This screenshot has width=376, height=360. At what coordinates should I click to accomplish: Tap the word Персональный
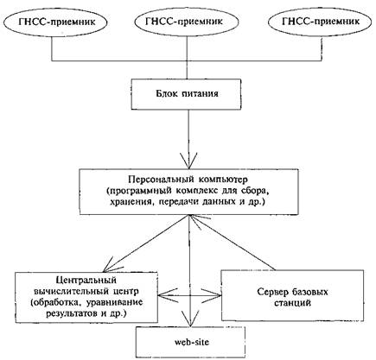(x=161, y=180)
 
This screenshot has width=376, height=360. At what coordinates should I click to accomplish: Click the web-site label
(x=191, y=342)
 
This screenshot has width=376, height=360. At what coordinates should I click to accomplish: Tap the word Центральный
(x=86, y=280)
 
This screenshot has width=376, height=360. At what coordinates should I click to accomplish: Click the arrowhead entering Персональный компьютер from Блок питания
(x=188, y=161)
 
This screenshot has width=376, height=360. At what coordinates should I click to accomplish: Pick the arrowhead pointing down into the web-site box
(x=189, y=319)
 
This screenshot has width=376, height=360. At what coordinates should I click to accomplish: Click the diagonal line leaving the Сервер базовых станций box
(x=233, y=243)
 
